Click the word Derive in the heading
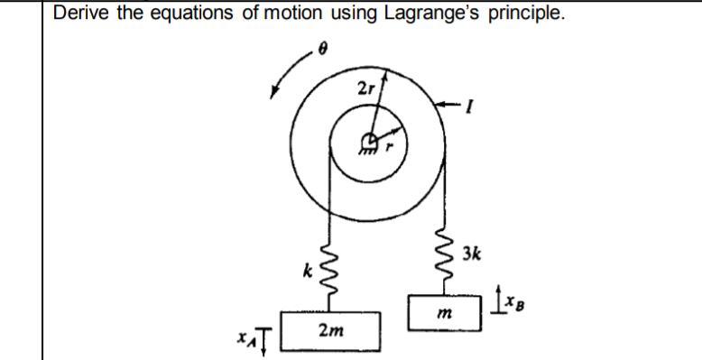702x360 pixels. (80, 14)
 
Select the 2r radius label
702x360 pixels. (364, 88)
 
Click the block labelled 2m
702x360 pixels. (330, 331)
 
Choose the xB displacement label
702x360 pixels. (507, 296)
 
